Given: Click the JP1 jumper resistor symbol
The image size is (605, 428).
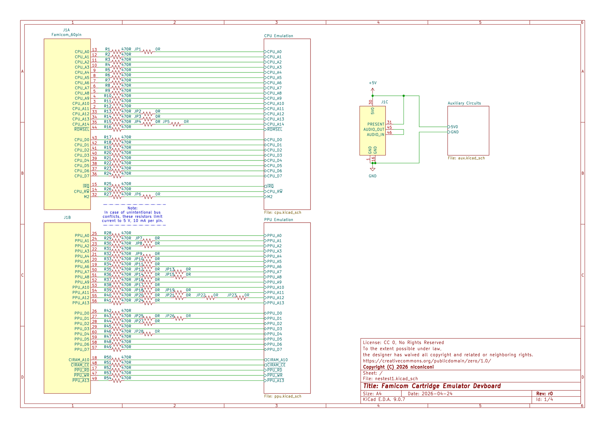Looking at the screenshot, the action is [x=148, y=52].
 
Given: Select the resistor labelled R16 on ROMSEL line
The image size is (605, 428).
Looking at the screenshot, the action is [x=117, y=129].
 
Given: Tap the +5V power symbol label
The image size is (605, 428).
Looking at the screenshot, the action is [x=373, y=83].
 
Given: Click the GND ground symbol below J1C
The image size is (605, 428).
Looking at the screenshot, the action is [x=373, y=169].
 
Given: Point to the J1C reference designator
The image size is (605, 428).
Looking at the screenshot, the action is [x=384, y=102].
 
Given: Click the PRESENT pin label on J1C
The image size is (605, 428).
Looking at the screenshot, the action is [x=376, y=124].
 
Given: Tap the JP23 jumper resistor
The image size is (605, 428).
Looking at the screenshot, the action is [x=241, y=298].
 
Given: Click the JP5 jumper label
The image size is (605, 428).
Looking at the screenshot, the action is [x=166, y=122].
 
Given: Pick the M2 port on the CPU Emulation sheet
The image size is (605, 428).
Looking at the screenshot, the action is [x=268, y=197].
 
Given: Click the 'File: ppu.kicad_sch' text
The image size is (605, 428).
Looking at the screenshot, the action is [x=282, y=396].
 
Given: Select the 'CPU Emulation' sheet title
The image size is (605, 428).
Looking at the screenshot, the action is [x=279, y=36].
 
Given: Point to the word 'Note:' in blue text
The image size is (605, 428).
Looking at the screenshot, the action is [x=133, y=208].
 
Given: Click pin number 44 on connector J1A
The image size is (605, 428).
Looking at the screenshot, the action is [x=95, y=127].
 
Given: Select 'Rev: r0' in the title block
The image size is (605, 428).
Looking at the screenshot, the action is [x=544, y=394].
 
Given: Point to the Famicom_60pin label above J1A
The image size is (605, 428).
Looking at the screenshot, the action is [x=66, y=35].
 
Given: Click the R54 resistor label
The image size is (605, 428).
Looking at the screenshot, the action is [x=108, y=378].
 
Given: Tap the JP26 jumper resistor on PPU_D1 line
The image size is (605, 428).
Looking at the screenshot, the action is [x=179, y=318].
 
